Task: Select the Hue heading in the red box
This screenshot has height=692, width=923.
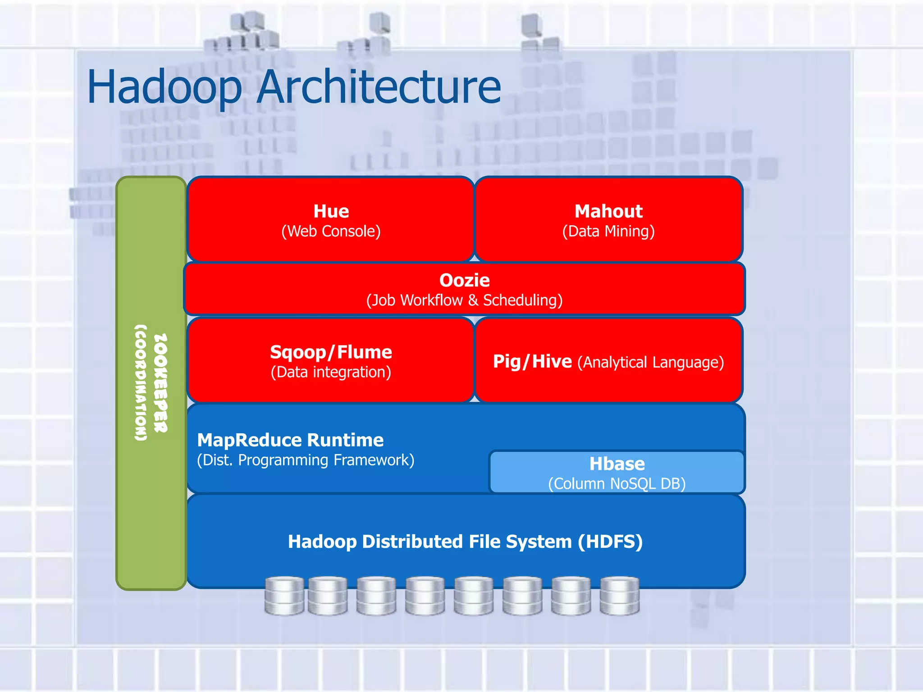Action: [x=331, y=211]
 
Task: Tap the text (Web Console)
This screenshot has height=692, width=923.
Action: [x=331, y=232]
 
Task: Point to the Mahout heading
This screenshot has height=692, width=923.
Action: [x=608, y=211]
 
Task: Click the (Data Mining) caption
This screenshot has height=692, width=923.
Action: [x=608, y=232]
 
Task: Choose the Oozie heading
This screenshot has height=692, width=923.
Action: [x=464, y=280]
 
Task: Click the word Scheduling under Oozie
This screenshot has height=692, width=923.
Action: [x=523, y=300]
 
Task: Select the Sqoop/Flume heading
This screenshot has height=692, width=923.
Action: [x=331, y=352]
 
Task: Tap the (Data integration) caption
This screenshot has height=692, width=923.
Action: [x=331, y=372]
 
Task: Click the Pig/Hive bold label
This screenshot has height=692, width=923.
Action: [x=532, y=361]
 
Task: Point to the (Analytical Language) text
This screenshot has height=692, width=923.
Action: [x=651, y=362]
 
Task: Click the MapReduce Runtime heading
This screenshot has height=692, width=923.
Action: [x=290, y=440]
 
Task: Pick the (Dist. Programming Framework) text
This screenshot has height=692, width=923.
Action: [x=306, y=460]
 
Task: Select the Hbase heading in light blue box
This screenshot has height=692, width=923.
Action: [x=617, y=464]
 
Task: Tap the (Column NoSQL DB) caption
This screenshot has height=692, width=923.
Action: [x=617, y=484]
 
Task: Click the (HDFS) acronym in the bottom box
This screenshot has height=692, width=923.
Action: [x=611, y=542]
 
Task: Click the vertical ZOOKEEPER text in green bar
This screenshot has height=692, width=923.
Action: [x=161, y=383]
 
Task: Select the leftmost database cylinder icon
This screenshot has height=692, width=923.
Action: [x=284, y=596]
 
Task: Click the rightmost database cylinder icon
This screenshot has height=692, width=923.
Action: [x=620, y=596]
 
